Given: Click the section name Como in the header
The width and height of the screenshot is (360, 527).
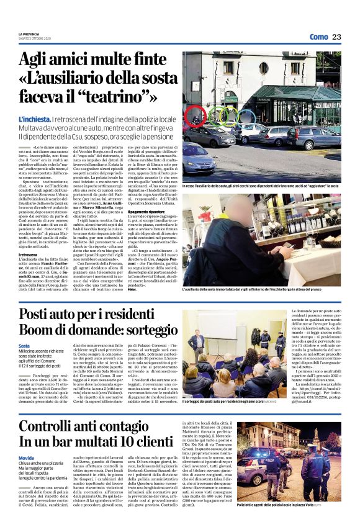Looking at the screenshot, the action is click(318, 37).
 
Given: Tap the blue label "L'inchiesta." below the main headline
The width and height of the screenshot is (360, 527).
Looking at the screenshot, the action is click(34, 119).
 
